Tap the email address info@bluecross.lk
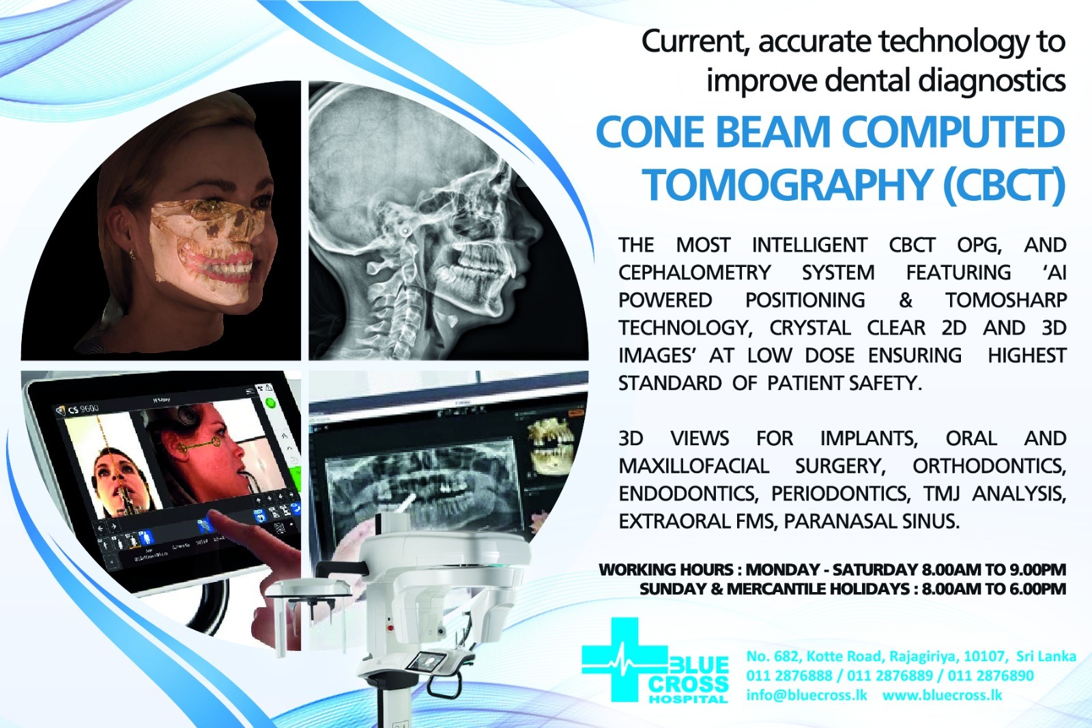click(x=806, y=695)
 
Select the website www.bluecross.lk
click(x=942, y=695)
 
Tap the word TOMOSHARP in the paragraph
click(x=1006, y=300)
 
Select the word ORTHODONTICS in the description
click(x=989, y=466)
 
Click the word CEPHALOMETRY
click(x=695, y=272)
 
